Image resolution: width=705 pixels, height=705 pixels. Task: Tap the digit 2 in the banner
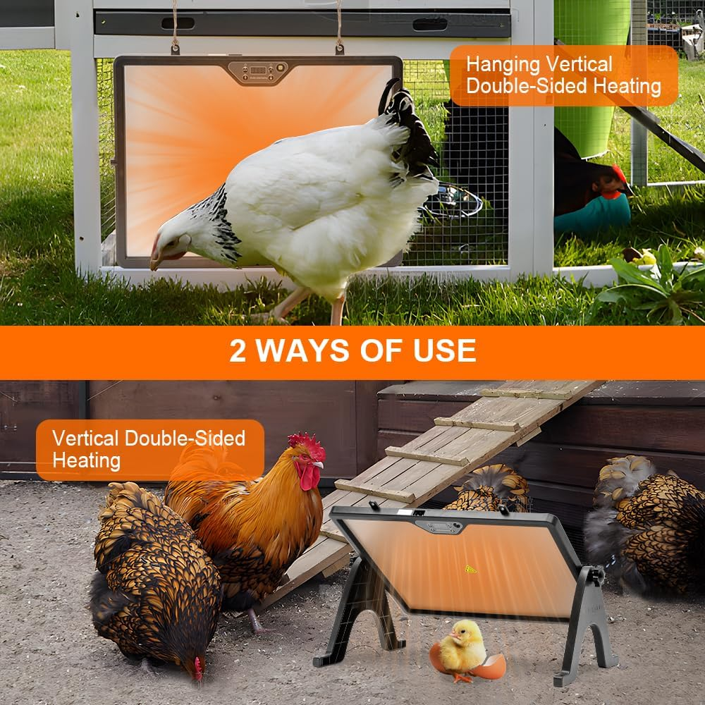pos(238,350)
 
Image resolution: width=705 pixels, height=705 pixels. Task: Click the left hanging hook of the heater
pos(175,48)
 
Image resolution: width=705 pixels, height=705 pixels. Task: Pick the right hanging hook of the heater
pos(339,48)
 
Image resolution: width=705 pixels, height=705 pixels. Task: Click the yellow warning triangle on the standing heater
pos(470,568)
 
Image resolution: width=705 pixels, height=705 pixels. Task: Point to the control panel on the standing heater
pos(439,526)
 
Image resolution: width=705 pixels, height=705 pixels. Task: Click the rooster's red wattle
pos(309,477)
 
